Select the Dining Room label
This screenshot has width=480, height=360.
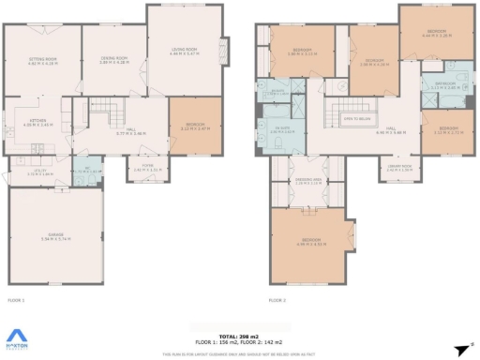click(x=113, y=59)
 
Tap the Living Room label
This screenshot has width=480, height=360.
click(x=182, y=51)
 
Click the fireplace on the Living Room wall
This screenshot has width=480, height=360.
click(x=223, y=51)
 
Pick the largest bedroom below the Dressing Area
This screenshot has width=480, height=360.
click(x=308, y=243)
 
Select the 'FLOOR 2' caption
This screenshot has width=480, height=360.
click(x=277, y=300)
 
